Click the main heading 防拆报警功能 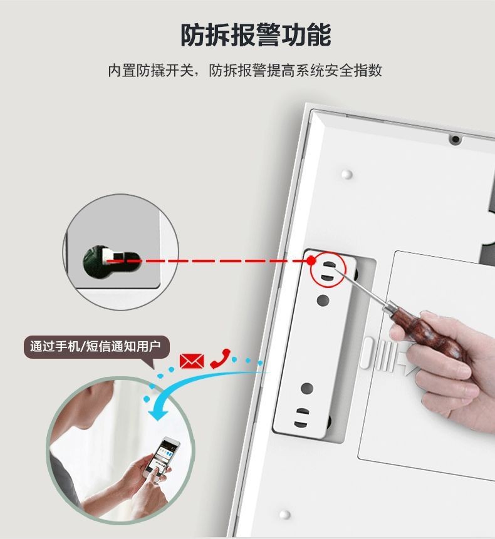tap(255, 35)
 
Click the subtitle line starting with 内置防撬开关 tap(245, 70)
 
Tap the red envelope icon tap(192, 361)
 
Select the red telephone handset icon tap(220, 358)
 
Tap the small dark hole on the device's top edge tap(455, 139)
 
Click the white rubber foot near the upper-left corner tap(348, 173)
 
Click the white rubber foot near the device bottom tap(285, 515)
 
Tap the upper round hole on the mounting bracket tap(323, 300)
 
